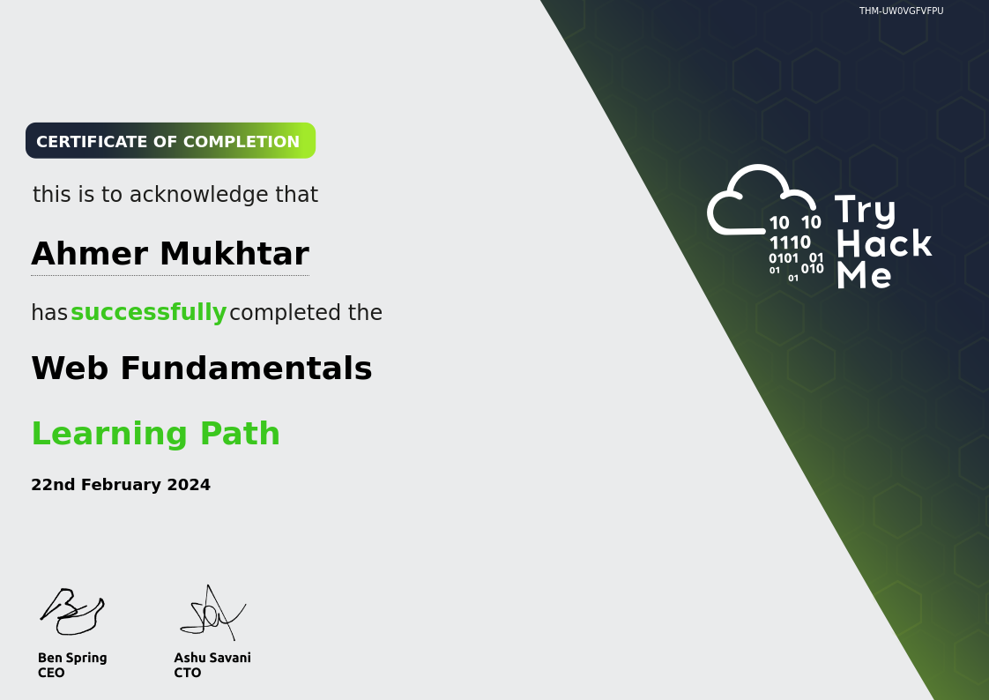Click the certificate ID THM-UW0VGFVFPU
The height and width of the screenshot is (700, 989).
pos(902,11)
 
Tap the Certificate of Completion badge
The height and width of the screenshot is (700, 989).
pos(170,141)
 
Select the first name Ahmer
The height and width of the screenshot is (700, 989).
pos(90,254)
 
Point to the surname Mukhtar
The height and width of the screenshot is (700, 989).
pos(234,254)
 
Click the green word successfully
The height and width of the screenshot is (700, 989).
pos(148,312)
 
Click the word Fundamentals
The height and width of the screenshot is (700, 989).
pos(246,368)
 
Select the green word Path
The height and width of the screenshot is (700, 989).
pos(240,433)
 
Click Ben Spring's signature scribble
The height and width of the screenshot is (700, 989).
pos(72,611)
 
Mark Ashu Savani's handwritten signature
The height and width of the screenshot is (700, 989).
pos(212,613)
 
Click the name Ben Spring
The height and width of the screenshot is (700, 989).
pos(72,659)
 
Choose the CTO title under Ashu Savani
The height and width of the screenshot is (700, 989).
pos(188,673)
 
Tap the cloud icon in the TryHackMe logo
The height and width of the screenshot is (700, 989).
pos(762,199)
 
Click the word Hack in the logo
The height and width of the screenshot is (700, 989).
pos(884,243)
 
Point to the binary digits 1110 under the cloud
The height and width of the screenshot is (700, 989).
pos(790,242)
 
